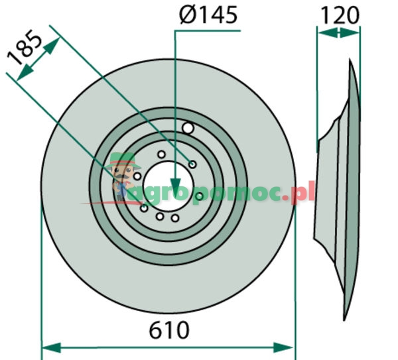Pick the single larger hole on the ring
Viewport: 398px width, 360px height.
tap(188, 128)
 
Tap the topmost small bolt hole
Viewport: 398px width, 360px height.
tap(161, 154)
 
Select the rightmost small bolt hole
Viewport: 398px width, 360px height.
tap(198, 196)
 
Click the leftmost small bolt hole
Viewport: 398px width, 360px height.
tap(137, 176)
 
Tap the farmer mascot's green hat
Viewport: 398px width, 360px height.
tap(121, 160)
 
